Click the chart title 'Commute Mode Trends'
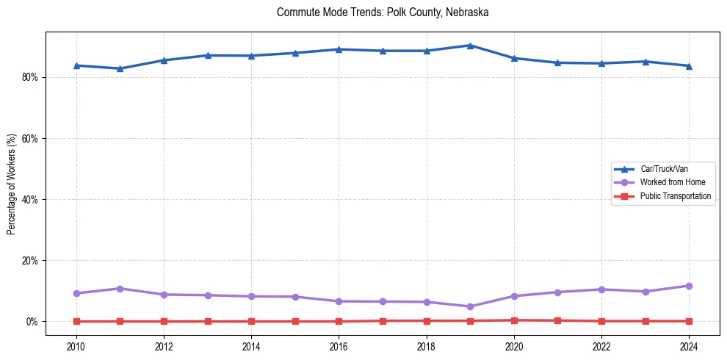[x=383, y=12]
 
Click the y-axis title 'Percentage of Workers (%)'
[x=12, y=184]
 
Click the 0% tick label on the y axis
[x=32, y=322]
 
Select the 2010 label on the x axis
[x=76, y=345]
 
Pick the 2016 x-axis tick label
[x=339, y=345]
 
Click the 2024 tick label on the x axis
[x=689, y=345]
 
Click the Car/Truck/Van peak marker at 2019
[x=470, y=46]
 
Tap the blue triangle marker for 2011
[x=120, y=68]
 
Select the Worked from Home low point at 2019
[x=470, y=306]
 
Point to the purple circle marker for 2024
[x=689, y=286]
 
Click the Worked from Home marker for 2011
[x=120, y=289]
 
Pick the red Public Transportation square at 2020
[x=514, y=320]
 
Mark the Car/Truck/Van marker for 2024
[x=689, y=66]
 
